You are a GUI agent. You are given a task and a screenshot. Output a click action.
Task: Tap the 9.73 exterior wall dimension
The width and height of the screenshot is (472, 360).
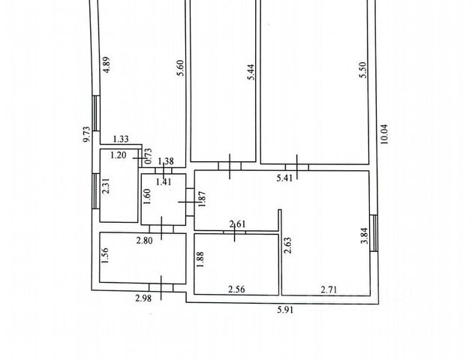pyautogui.click(x=87, y=133)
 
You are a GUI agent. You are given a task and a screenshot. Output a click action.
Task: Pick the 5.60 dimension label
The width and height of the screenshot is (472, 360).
pyautogui.click(x=179, y=68)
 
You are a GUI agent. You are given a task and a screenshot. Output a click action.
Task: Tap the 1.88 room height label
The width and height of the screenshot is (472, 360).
pyautogui.click(x=200, y=257)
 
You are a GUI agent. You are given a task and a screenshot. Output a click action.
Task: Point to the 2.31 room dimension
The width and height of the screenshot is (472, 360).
pyautogui.click(x=106, y=185)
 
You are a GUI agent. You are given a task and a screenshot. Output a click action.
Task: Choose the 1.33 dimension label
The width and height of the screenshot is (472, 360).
pyautogui.click(x=121, y=139)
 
